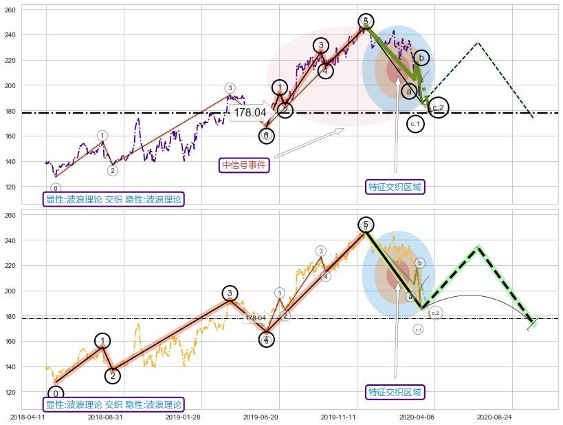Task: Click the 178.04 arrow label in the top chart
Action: pyautogui.click(x=250, y=112)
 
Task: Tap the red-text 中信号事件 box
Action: pyautogui.click(x=244, y=165)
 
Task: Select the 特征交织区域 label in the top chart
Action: pyautogui.click(x=395, y=187)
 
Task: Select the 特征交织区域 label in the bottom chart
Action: pyautogui.click(x=395, y=392)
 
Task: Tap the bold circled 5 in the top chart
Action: pyautogui.click(x=366, y=21)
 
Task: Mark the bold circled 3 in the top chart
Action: pyautogui.click(x=320, y=45)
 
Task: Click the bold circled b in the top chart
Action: pyautogui.click(x=421, y=58)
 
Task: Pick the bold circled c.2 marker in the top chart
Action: pyautogui.click(x=439, y=107)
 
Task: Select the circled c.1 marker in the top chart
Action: pyautogui.click(x=415, y=124)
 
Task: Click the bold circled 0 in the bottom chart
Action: pyautogui.click(x=55, y=394)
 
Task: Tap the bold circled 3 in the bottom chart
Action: pyautogui.click(x=230, y=293)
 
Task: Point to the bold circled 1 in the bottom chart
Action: pyautogui.click(x=102, y=341)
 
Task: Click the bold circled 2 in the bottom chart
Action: pyautogui.click(x=113, y=376)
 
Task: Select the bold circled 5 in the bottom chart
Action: pyautogui.click(x=366, y=225)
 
